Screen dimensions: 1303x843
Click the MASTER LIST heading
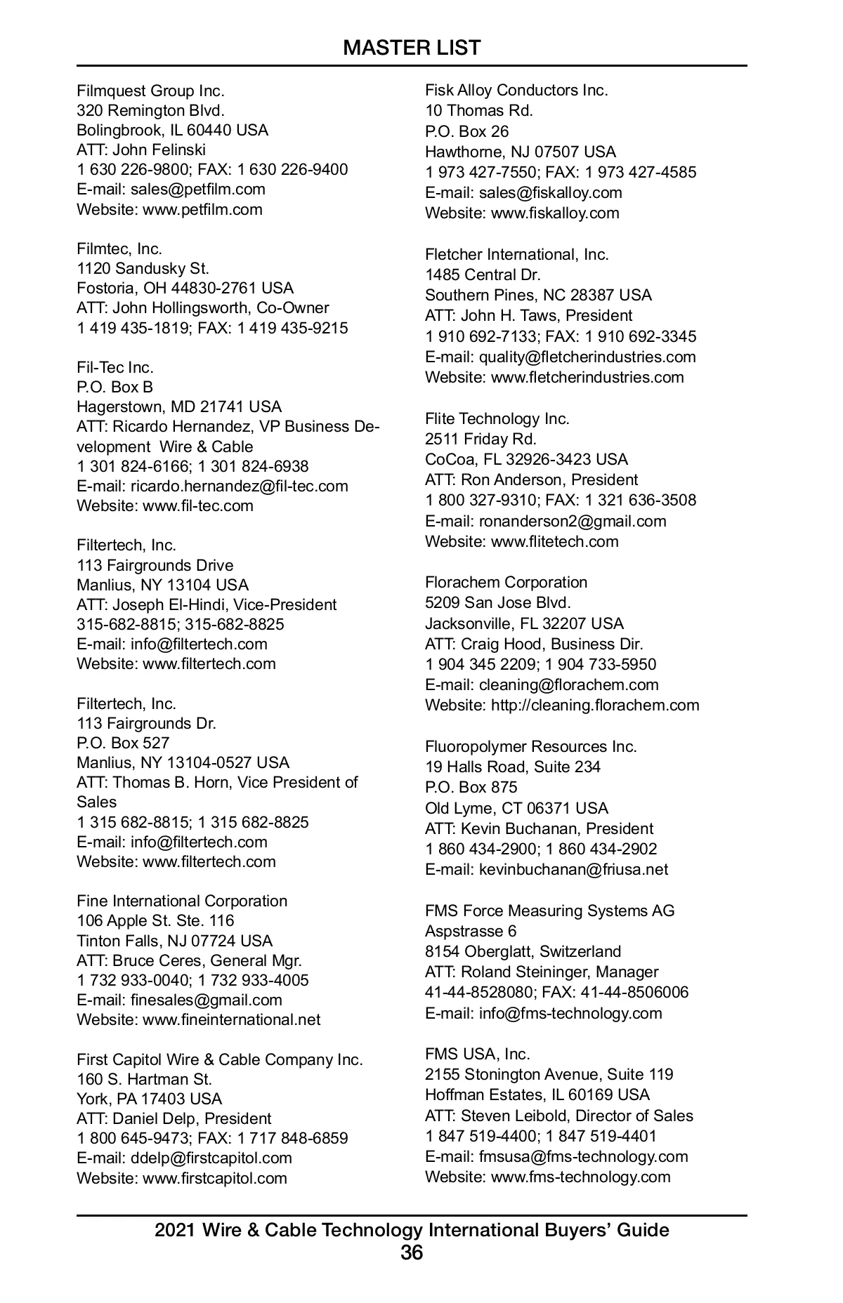click(412, 48)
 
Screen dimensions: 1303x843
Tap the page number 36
click(412, 1252)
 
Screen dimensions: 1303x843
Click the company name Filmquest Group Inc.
click(150, 91)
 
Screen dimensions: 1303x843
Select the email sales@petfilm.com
click(197, 190)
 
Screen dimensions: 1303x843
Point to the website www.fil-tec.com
click(197, 506)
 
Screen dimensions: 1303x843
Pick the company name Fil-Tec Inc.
click(115, 368)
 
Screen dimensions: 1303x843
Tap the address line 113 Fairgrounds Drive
click(155, 566)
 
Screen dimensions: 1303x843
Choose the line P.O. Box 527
click(123, 743)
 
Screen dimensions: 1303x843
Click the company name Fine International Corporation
click(182, 901)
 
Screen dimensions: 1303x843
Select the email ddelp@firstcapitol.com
click(211, 1158)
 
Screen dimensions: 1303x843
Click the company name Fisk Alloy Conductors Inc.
click(516, 91)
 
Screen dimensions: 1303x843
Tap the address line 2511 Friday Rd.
click(481, 439)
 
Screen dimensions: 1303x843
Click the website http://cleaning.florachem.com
click(595, 706)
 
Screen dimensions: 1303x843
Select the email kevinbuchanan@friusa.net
click(573, 870)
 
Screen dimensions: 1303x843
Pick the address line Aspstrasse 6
click(470, 932)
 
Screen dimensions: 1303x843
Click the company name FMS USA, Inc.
click(477, 1054)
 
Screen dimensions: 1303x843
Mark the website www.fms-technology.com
click(580, 1177)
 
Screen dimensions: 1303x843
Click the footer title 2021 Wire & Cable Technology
click(412, 1230)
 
